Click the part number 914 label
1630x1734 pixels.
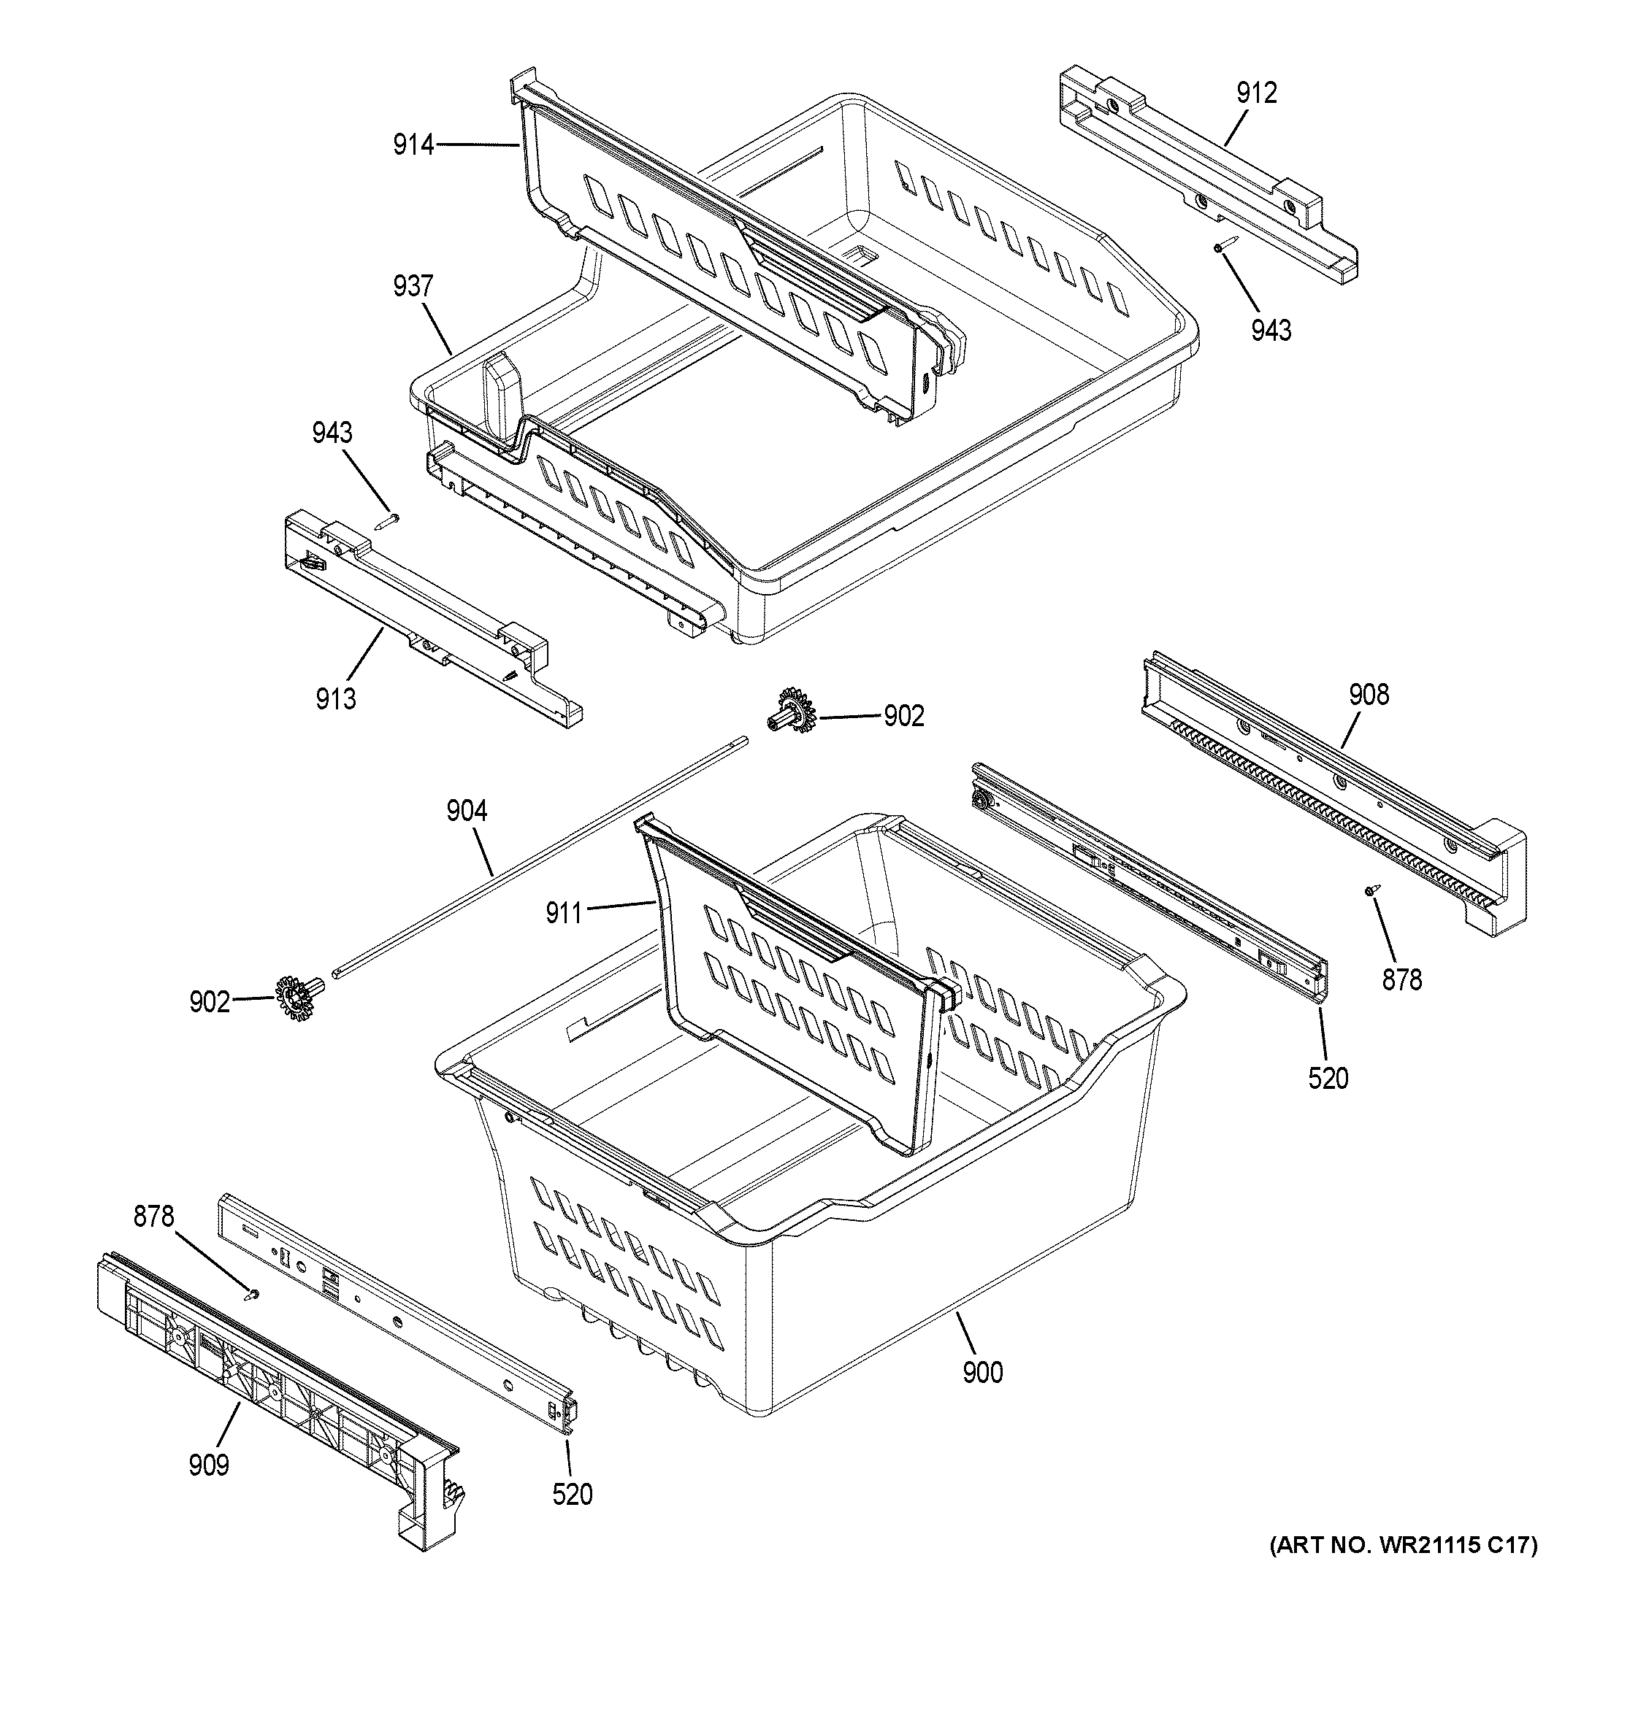413,144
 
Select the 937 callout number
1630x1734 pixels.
413,286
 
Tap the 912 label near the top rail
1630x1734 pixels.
1255,93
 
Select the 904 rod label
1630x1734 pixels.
466,812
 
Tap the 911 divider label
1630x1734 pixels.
564,913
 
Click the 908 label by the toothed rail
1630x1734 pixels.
1369,694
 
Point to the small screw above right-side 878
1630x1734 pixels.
1371,890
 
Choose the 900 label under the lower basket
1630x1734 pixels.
982,1373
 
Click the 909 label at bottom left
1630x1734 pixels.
209,1465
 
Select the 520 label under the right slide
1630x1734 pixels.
1328,1079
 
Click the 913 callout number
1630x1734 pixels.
336,698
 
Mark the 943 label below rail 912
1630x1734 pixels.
1271,331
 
